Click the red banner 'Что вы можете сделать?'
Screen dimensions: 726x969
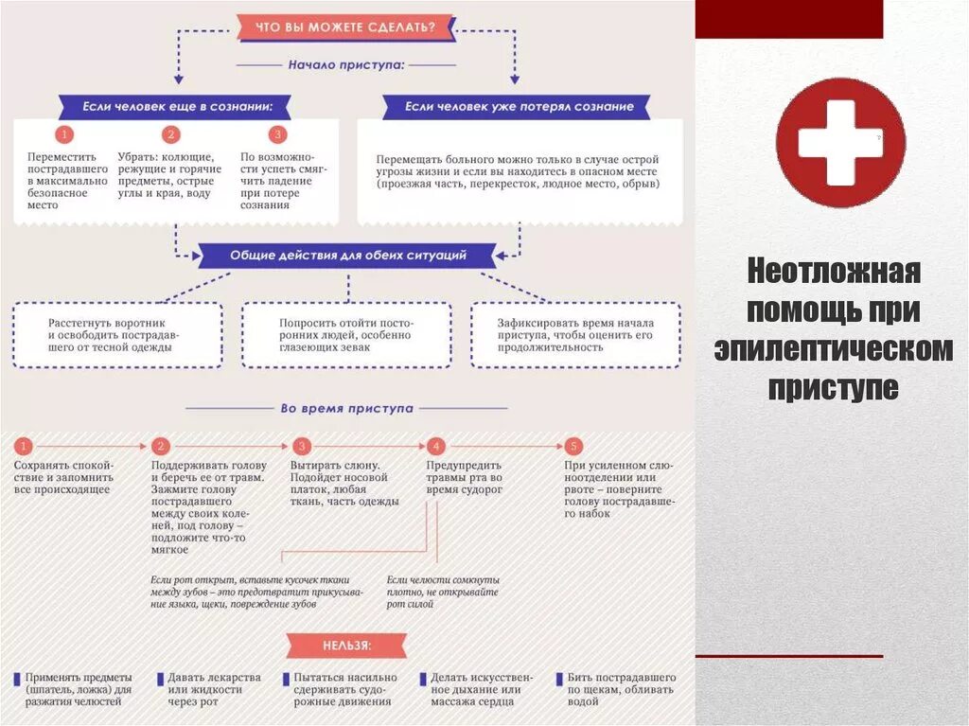click(x=345, y=27)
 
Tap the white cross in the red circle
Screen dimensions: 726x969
click(x=839, y=143)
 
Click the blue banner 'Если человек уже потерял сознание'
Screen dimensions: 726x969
click(x=519, y=107)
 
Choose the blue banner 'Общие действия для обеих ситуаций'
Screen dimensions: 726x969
click(x=347, y=256)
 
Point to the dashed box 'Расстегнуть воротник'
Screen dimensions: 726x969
click(x=118, y=335)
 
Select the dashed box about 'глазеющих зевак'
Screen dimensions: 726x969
click(x=345, y=335)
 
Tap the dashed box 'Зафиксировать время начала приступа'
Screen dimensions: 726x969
click(x=575, y=335)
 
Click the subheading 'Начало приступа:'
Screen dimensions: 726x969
click(x=346, y=65)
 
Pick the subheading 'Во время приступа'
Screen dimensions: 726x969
click(x=346, y=408)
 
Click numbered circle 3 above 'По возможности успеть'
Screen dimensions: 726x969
click(x=277, y=134)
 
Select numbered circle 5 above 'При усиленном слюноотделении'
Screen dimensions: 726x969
click(x=573, y=446)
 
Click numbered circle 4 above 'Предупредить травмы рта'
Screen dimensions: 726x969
click(x=435, y=446)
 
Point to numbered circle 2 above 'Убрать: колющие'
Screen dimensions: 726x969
click(x=171, y=134)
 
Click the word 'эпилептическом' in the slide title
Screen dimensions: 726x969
click(x=833, y=349)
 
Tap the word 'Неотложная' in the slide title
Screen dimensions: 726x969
click(x=833, y=272)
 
